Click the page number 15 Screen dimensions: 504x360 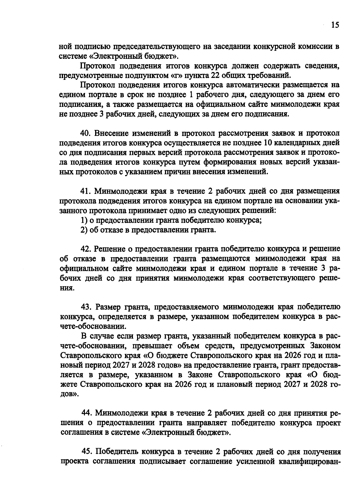(335, 25)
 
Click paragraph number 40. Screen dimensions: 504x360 (85, 133)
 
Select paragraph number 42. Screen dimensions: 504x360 (86, 249)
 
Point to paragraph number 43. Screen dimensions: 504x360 (86, 307)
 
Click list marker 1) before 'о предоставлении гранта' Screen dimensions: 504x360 (84, 220)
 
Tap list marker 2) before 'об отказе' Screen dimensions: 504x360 (84, 230)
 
